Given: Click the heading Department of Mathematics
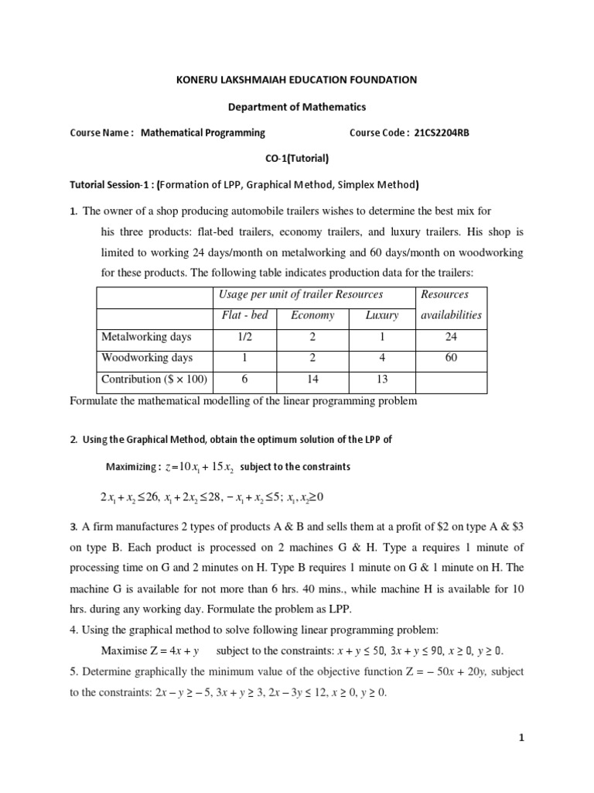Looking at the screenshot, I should click(296, 106).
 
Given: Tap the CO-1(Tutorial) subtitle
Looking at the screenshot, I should click(296, 159).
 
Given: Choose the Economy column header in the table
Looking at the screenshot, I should click(312, 315).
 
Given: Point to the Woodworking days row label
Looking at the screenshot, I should click(147, 358).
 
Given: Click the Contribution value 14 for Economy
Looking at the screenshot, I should click(312, 379).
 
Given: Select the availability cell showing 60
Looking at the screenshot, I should click(452, 358).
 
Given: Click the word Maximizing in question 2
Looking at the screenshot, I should click(131, 467).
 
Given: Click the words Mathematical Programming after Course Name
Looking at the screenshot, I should click(203, 132).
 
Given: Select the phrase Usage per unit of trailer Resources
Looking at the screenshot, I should click(301, 294).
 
